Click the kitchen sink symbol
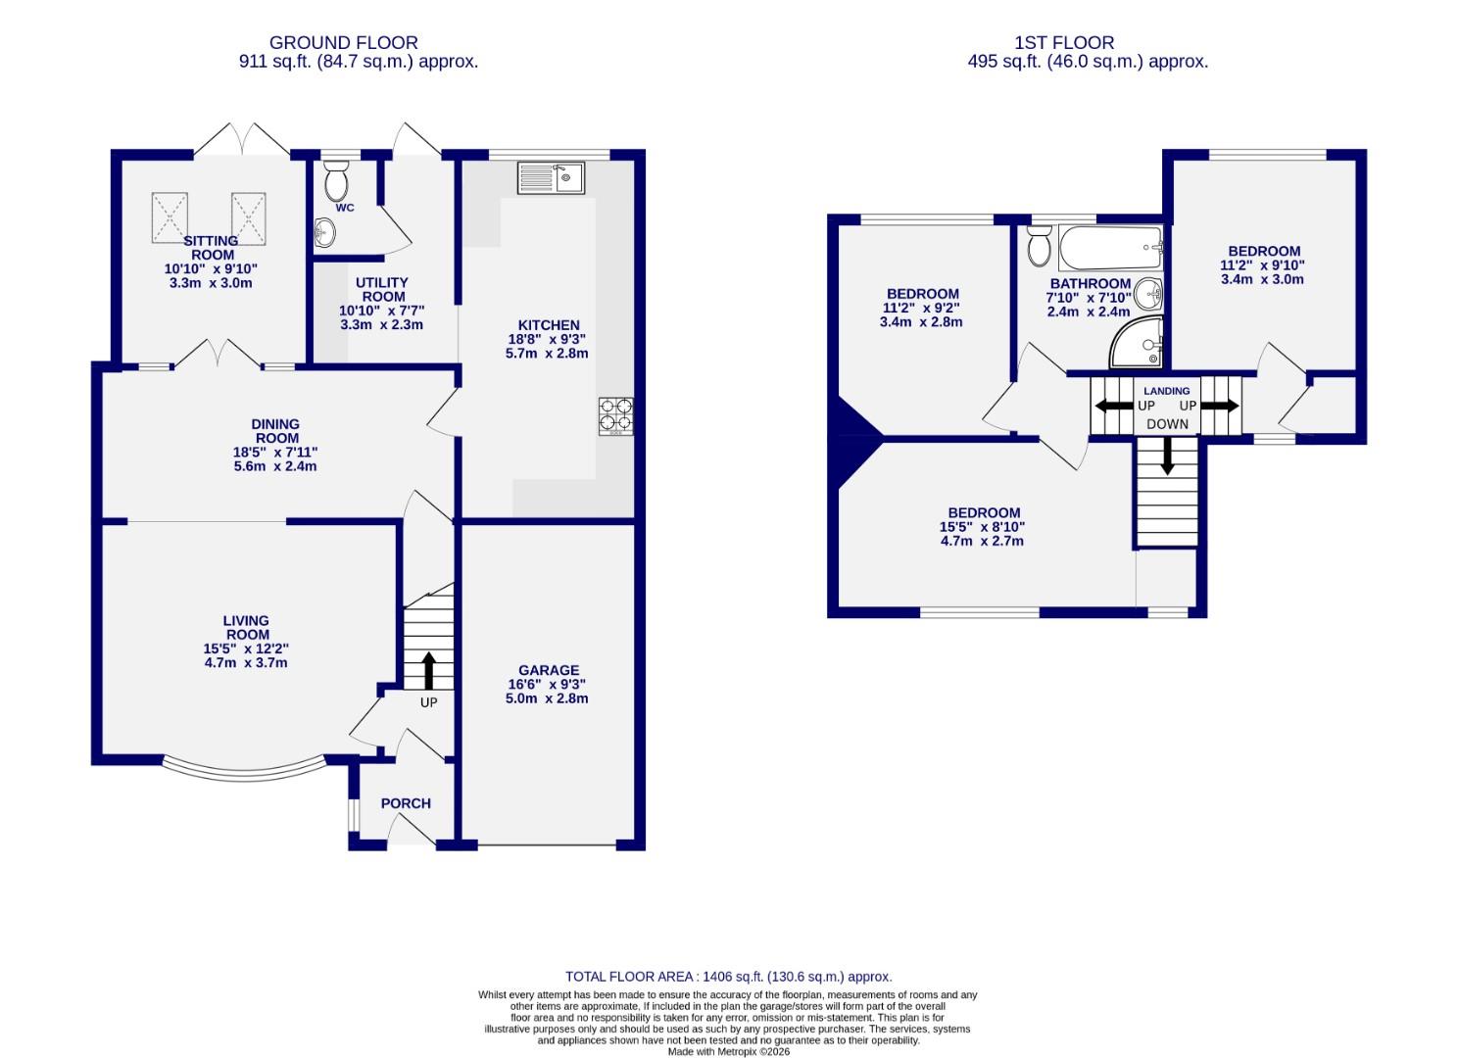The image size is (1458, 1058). pyautogui.click(x=551, y=177)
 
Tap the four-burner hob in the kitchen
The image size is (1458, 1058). pyautogui.click(x=615, y=415)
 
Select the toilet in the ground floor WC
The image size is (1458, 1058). pyautogui.click(x=336, y=181)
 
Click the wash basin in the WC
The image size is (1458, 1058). pyautogui.click(x=324, y=233)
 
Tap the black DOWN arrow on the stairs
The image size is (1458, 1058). pyautogui.click(x=1167, y=457)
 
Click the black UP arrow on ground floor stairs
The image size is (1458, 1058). pyautogui.click(x=428, y=671)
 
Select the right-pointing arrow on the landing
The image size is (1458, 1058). pyautogui.click(x=1220, y=406)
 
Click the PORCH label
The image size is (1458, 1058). pyautogui.click(x=406, y=803)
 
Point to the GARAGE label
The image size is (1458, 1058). pyautogui.click(x=549, y=671)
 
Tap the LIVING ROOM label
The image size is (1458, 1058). pyautogui.click(x=246, y=627)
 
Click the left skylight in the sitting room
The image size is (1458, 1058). pyautogui.click(x=170, y=216)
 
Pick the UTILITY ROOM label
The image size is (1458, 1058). pyautogui.click(x=382, y=289)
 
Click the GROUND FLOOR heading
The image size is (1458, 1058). pyautogui.click(x=343, y=42)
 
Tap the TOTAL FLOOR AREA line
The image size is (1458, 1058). pyautogui.click(x=728, y=977)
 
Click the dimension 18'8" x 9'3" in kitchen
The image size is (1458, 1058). pyautogui.click(x=549, y=339)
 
